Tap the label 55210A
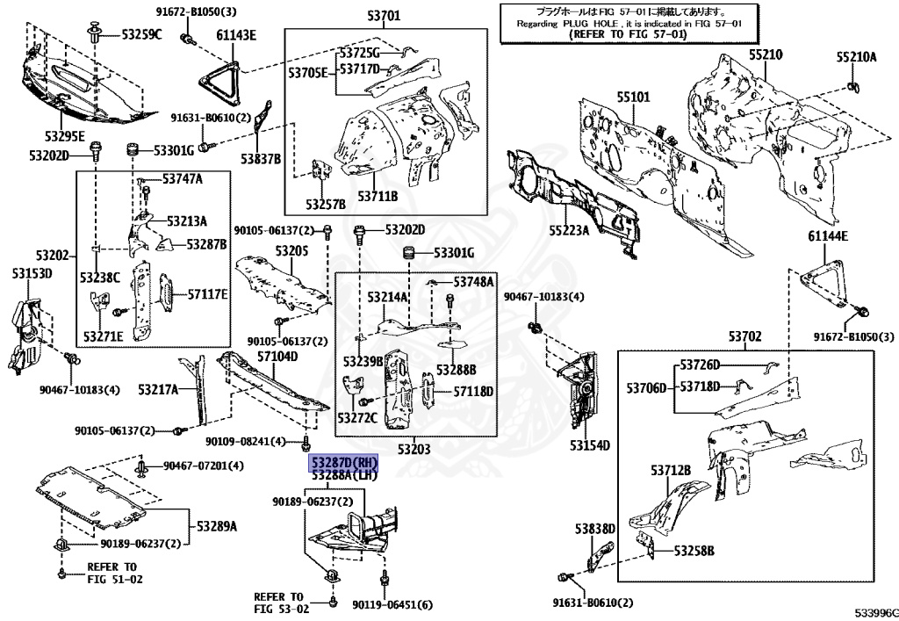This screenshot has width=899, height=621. coord(856,57)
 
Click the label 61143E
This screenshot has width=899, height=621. coord(235,35)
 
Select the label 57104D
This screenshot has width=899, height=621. coord(277,357)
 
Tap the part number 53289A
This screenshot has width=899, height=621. coord(216,527)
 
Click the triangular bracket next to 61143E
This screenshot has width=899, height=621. coord(219,78)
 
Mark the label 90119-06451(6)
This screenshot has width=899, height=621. coord(392,605)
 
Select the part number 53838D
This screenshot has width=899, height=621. coord(596,528)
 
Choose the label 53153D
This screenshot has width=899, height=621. coord(32,273)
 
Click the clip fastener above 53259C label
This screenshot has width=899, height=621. coord(94,33)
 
